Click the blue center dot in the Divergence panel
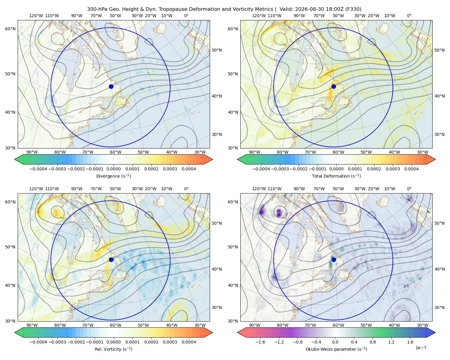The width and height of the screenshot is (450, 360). tap(111, 87)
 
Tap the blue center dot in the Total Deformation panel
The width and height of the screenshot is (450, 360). tap(334, 87)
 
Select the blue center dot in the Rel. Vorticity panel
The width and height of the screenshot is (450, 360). tap(111, 259)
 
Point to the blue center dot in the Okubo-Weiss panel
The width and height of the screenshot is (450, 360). tap(334, 259)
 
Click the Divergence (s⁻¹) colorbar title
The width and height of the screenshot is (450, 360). tap(113, 176)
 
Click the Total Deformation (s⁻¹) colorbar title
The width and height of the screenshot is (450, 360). tap(336, 176)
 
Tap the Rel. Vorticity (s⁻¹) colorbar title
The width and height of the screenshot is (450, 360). tap(113, 349)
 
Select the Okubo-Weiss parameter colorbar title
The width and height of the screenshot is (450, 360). tap(336, 349)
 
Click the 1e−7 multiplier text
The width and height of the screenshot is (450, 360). tap(421, 348)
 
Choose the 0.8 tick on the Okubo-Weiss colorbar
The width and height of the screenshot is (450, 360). tap(373, 342)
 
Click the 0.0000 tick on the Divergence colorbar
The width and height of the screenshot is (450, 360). tap(113, 169)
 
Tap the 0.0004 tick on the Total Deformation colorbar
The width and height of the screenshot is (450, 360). tap(411, 169)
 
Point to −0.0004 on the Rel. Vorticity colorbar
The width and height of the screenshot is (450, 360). tap(38, 342)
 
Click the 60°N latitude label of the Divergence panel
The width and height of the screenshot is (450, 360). tap(10, 29)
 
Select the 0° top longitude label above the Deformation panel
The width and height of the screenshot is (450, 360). tap(409, 16)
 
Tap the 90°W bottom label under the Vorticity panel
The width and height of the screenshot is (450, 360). tap(32, 325)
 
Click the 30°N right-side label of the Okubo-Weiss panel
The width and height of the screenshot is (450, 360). tap(439, 307)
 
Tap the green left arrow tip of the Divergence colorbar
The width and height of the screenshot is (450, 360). tap(15, 159)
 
